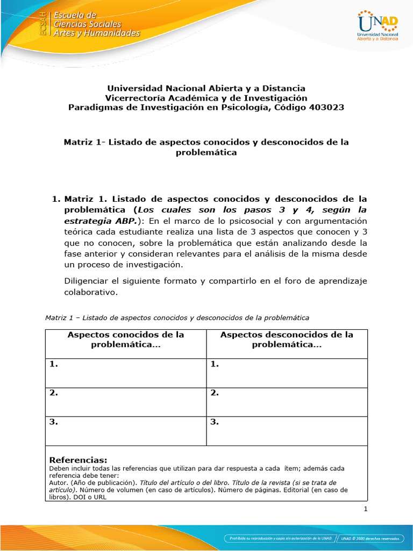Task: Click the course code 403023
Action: click(x=325, y=107)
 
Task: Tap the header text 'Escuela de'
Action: click(x=75, y=15)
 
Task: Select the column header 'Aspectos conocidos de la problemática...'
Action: click(x=126, y=340)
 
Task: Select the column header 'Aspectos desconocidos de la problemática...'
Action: click(x=287, y=340)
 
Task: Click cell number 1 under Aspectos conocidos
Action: click(x=126, y=373)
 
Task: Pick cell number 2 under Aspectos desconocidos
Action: click(x=287, y=402)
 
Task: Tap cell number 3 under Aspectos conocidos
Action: click(x=126, y=431)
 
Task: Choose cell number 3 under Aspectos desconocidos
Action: click(x=287, y=431)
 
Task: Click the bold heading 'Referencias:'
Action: click(x=78, y=460)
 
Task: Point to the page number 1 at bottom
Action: click(x=365, y=509)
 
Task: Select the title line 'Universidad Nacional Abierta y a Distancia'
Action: click(x=206, y=88)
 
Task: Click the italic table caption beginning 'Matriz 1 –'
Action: click(x=177, y=317)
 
